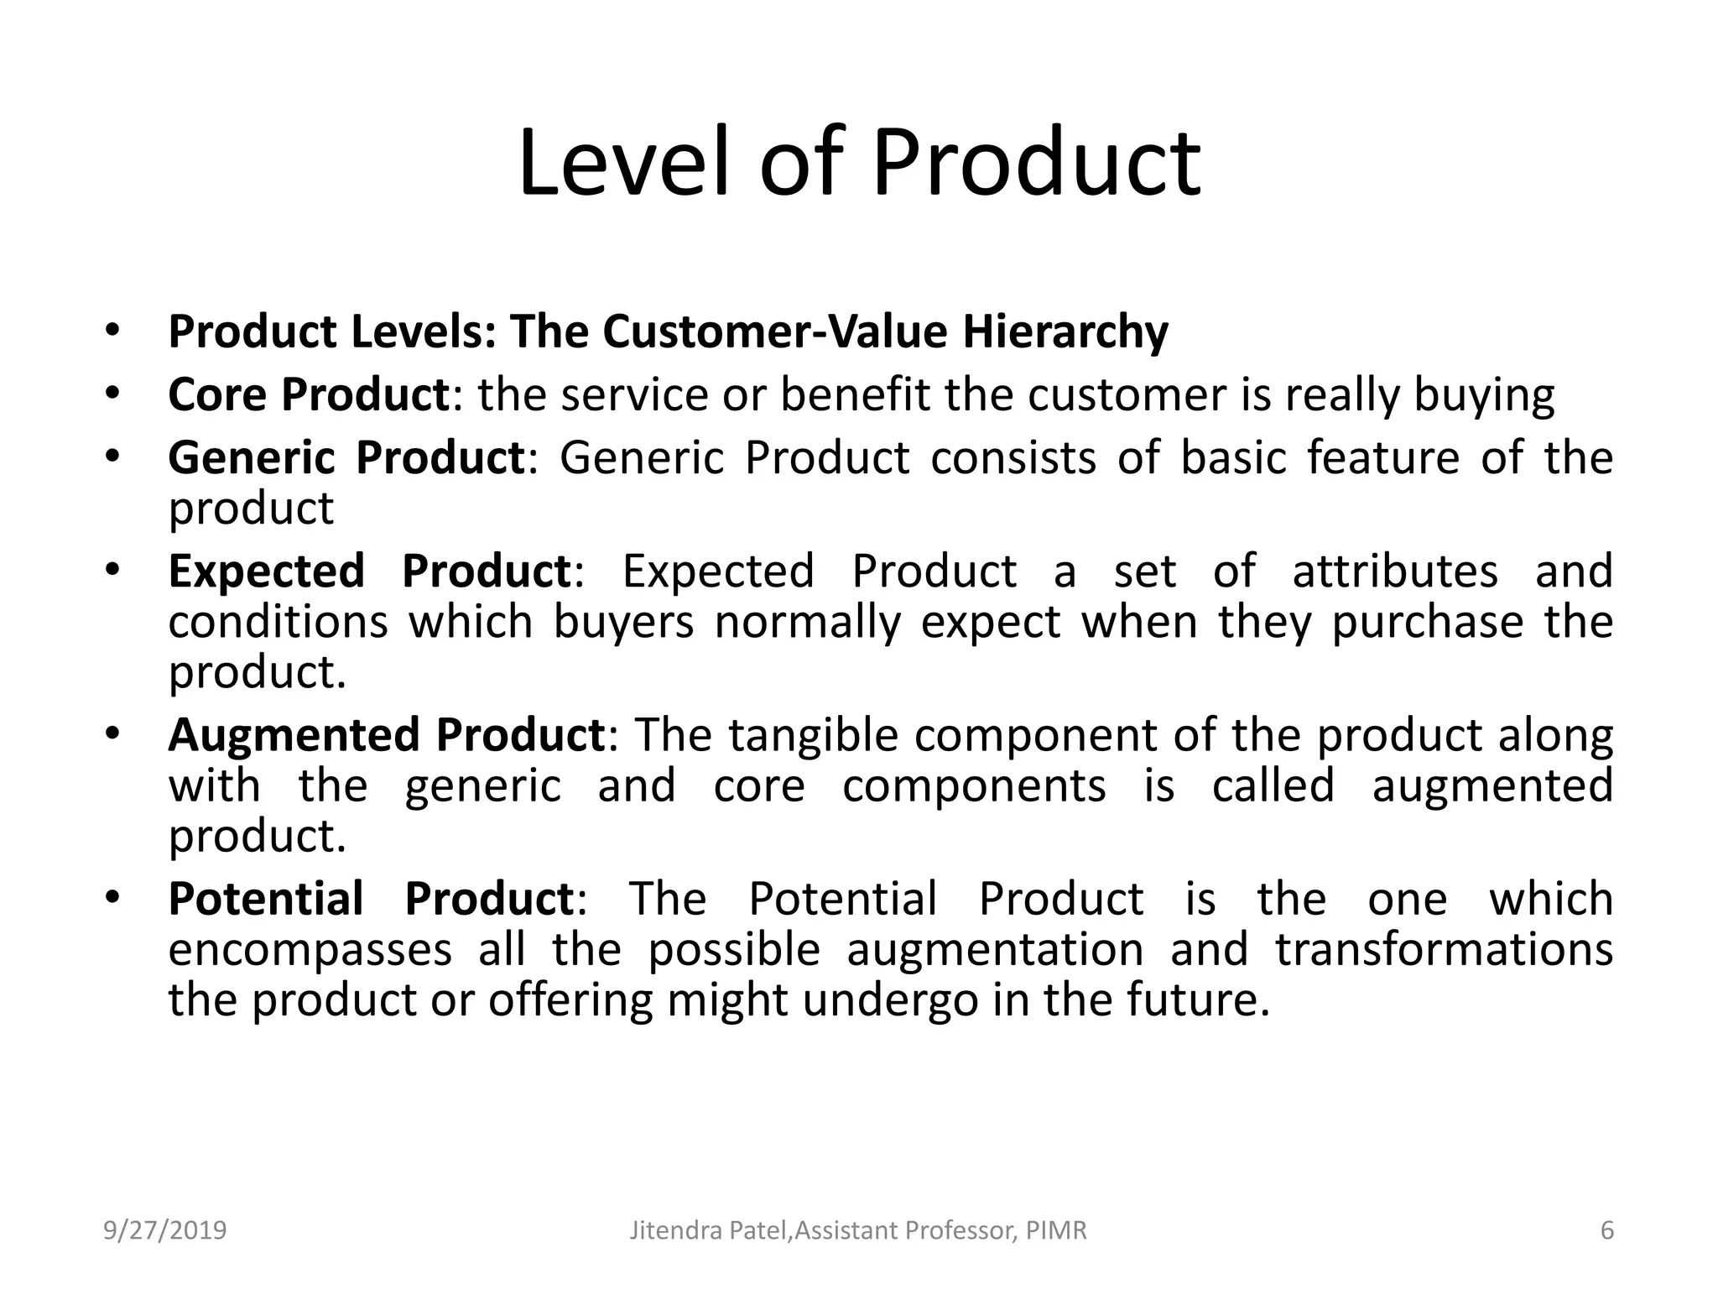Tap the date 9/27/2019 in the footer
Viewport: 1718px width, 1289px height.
point(165,1230)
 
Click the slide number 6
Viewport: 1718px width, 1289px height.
point(1606,1230)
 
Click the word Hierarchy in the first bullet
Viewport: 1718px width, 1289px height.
point(1065,331)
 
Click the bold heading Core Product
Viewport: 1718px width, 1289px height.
point(309,394)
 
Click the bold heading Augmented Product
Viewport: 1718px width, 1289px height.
point(386,735)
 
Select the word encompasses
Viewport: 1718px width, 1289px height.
point(310,950)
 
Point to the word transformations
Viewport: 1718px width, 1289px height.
point(1444,950)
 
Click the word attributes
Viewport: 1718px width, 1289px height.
point(1394,571)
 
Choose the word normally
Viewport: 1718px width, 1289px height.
point(807,623)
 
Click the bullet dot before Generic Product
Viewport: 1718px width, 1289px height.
point(112,457)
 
